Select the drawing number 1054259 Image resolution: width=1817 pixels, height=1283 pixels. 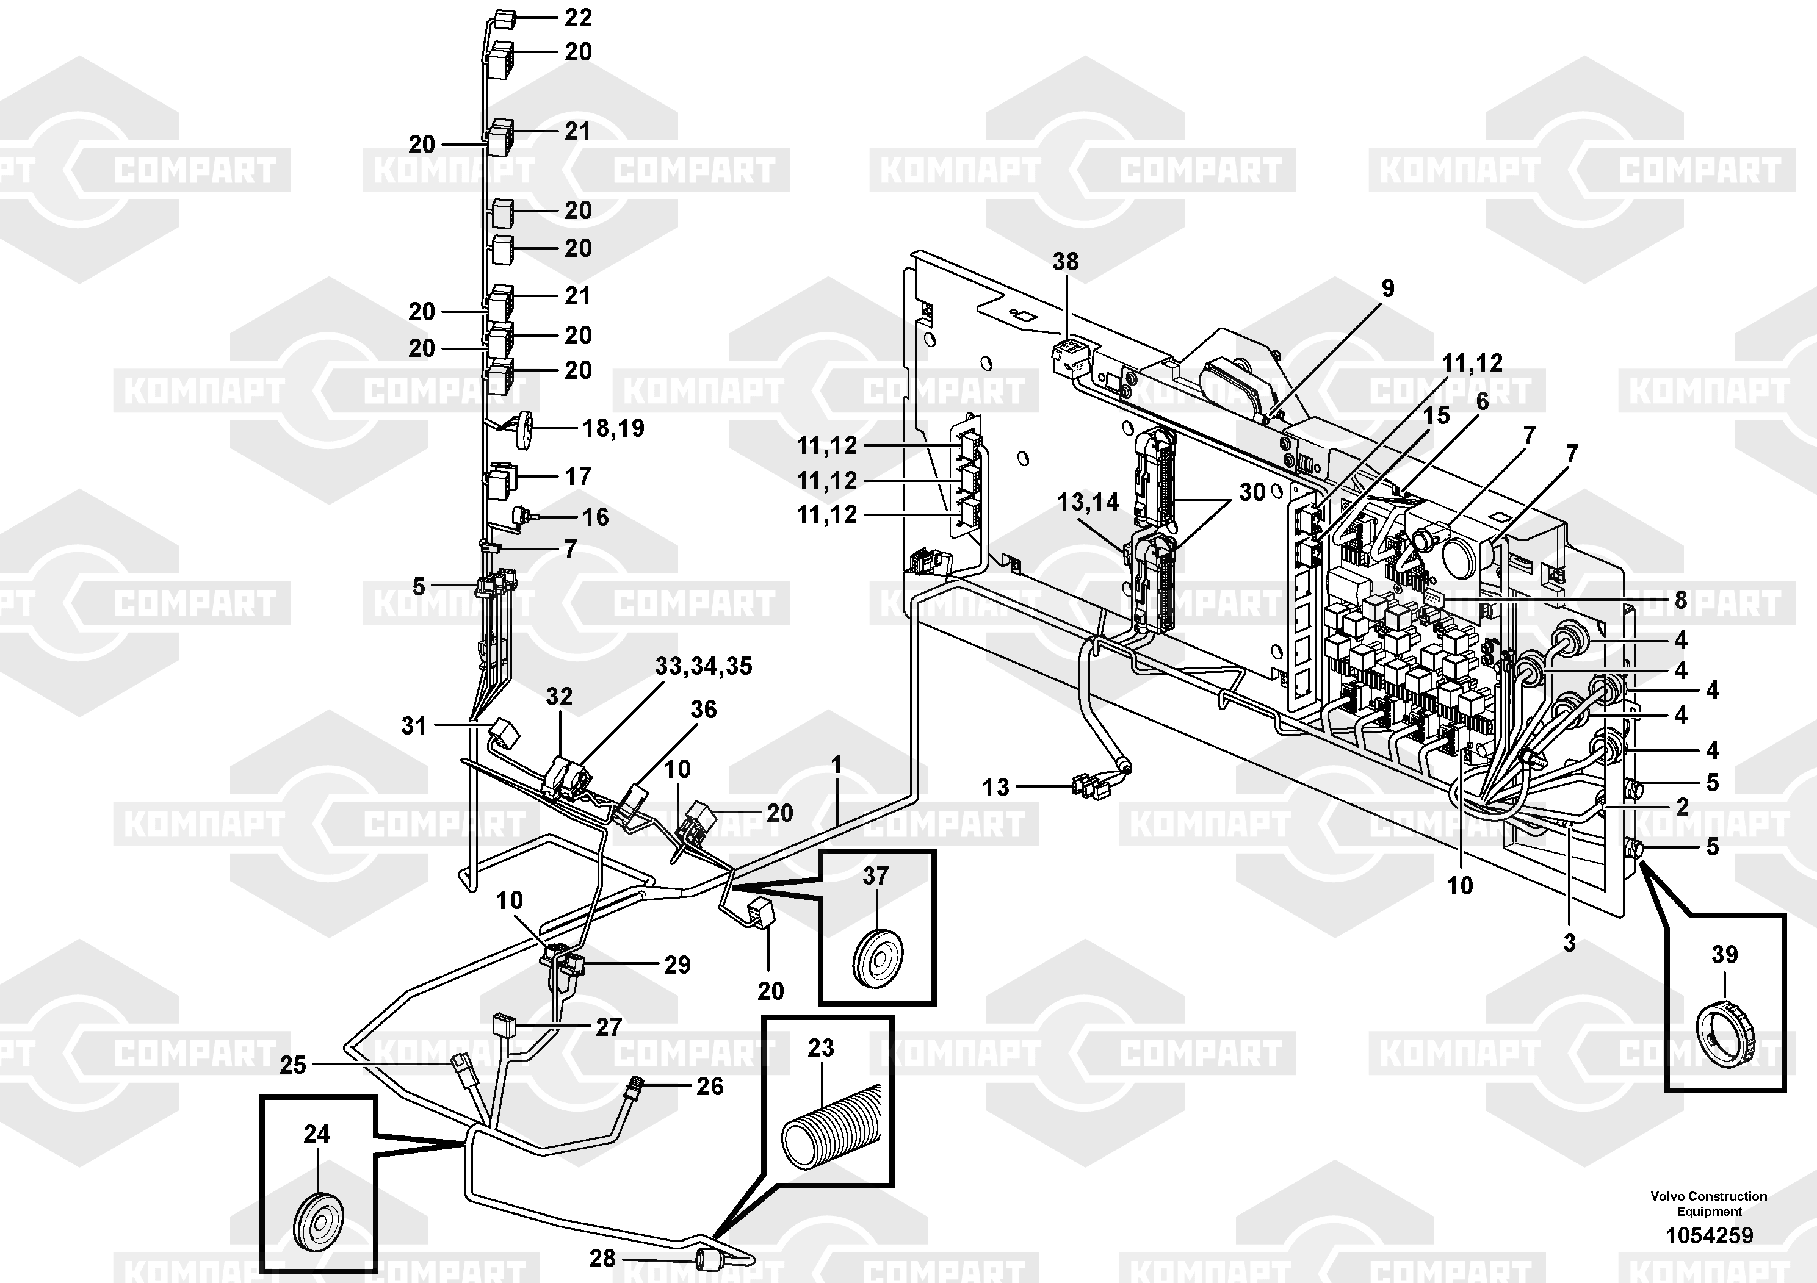pos(1710,1235)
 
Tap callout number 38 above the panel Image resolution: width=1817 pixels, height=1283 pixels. pos(1065,261)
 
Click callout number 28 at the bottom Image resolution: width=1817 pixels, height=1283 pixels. pos(602,1258)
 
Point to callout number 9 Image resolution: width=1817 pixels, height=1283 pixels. pos(1387,289)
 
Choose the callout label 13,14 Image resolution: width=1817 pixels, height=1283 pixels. pos(1089,501)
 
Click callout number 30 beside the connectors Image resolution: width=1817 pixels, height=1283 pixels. pos(1252,492)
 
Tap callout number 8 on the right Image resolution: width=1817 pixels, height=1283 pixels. pos(1681,600)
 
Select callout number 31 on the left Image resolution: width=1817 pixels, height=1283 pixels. pos(414,725)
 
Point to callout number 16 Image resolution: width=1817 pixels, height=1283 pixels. pos(595,517)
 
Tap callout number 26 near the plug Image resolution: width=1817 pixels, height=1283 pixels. pos(710,1086)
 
